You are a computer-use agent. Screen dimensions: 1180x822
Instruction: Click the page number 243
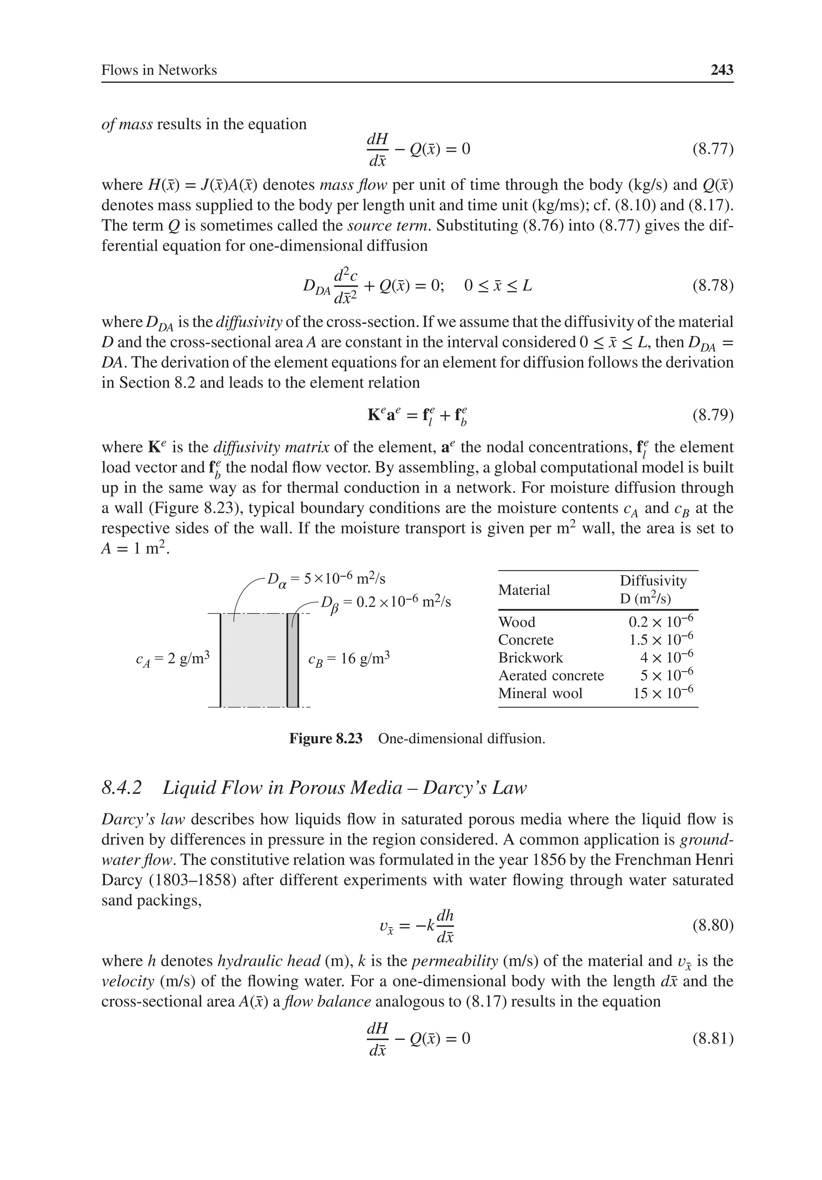point(721,70)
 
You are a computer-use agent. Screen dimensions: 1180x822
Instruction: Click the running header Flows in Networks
point(159,70)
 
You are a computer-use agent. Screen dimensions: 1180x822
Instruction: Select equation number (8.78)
point(712,285)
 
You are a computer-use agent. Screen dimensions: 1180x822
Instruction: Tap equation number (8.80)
point(712,926)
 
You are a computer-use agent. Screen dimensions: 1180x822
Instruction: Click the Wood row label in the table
point(517,623)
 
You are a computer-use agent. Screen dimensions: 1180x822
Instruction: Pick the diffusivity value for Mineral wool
point(663,693)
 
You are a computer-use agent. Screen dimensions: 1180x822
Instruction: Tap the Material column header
point(524,590)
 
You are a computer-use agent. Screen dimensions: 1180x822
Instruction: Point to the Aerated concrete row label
point(551,675)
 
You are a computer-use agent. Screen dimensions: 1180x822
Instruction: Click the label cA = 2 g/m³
point(173,659)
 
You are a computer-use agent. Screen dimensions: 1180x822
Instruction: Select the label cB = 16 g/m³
point(349,659)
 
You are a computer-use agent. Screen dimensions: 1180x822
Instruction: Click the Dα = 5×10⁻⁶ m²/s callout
point(326,579)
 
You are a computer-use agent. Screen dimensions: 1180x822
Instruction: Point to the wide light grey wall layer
point(253,660)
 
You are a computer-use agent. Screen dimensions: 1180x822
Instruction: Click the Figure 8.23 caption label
point(326,739)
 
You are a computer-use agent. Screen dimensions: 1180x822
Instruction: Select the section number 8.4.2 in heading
point(122,788)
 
